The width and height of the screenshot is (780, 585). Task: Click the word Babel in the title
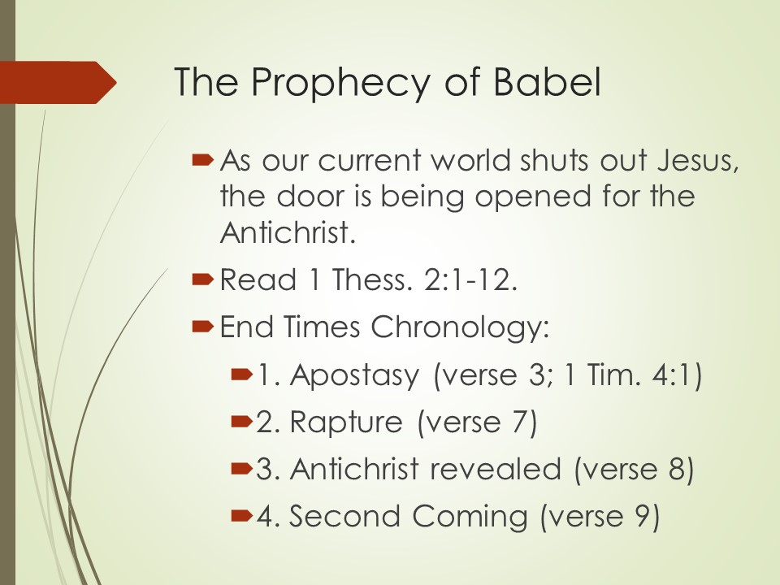[547, 81]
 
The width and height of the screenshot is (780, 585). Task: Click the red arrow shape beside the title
[58, 83]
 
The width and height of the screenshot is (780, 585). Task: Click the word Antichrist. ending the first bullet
[288, 232]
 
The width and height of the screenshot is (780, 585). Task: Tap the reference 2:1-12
[470, 279]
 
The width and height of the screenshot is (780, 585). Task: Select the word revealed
[496, 469]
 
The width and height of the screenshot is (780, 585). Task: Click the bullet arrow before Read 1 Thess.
[202, 280]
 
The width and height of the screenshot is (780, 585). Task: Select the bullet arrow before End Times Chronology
[202, 327]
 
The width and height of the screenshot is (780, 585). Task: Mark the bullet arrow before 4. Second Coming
[242, 516]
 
